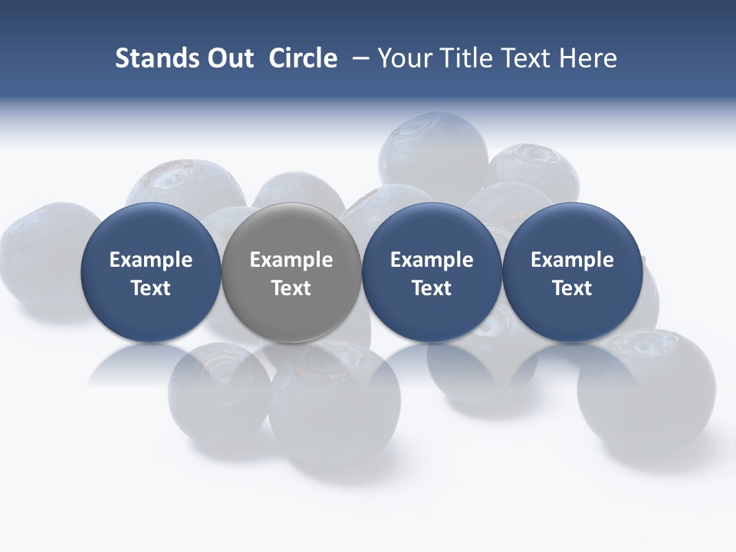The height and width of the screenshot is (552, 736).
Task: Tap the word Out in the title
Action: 229,58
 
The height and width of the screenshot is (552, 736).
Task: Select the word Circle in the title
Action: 303,58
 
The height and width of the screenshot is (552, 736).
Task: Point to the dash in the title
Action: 360,58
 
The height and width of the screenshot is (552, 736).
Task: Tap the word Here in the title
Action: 588,58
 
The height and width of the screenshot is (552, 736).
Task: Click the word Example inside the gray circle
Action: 291,260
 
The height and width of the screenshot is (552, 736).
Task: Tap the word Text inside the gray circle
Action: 291,288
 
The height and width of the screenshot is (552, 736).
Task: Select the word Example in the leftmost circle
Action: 151,260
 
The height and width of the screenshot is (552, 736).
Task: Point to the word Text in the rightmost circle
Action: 572,288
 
